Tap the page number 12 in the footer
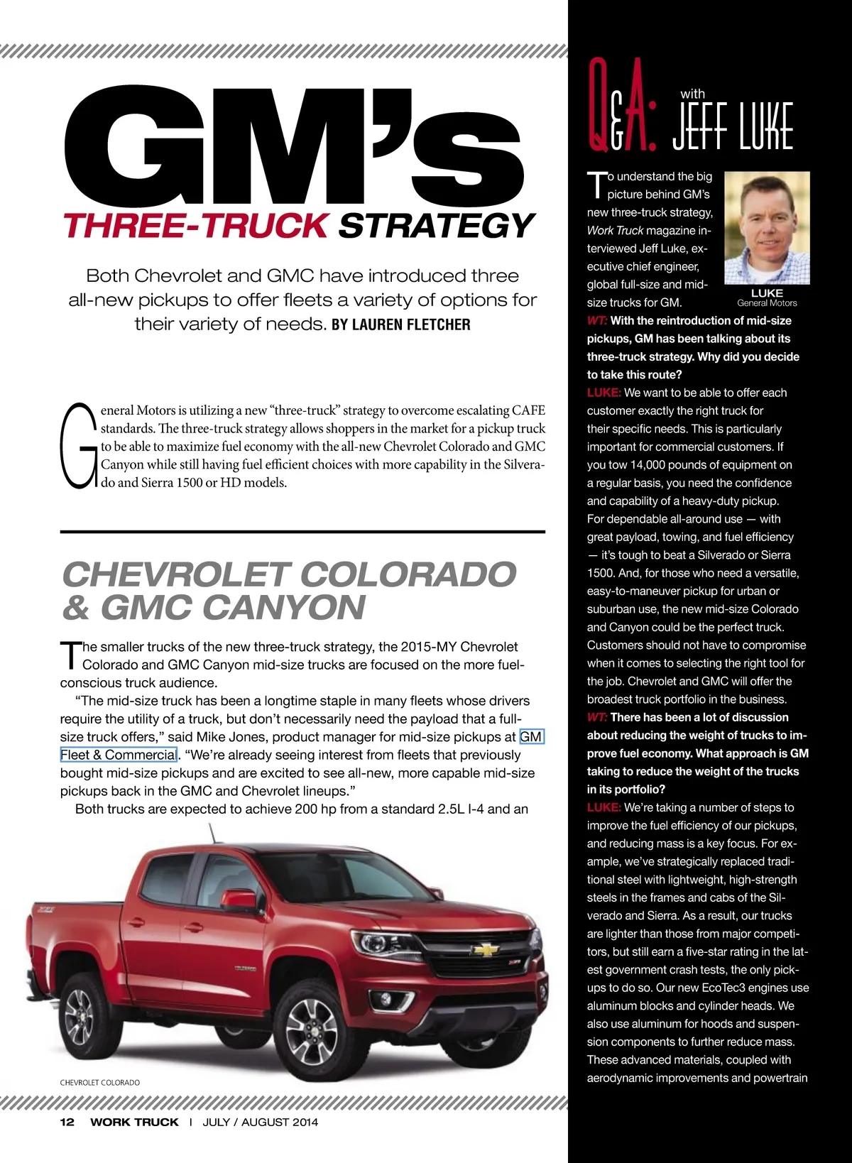point(67,1122)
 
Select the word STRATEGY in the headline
point(436,226)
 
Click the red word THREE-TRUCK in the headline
point(196,226)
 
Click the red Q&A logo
point(622,107)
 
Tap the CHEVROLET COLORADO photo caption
point(99,1083)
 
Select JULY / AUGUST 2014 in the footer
point(260,1122)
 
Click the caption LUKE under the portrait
point(767,293)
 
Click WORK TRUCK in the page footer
point(134,1122)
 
